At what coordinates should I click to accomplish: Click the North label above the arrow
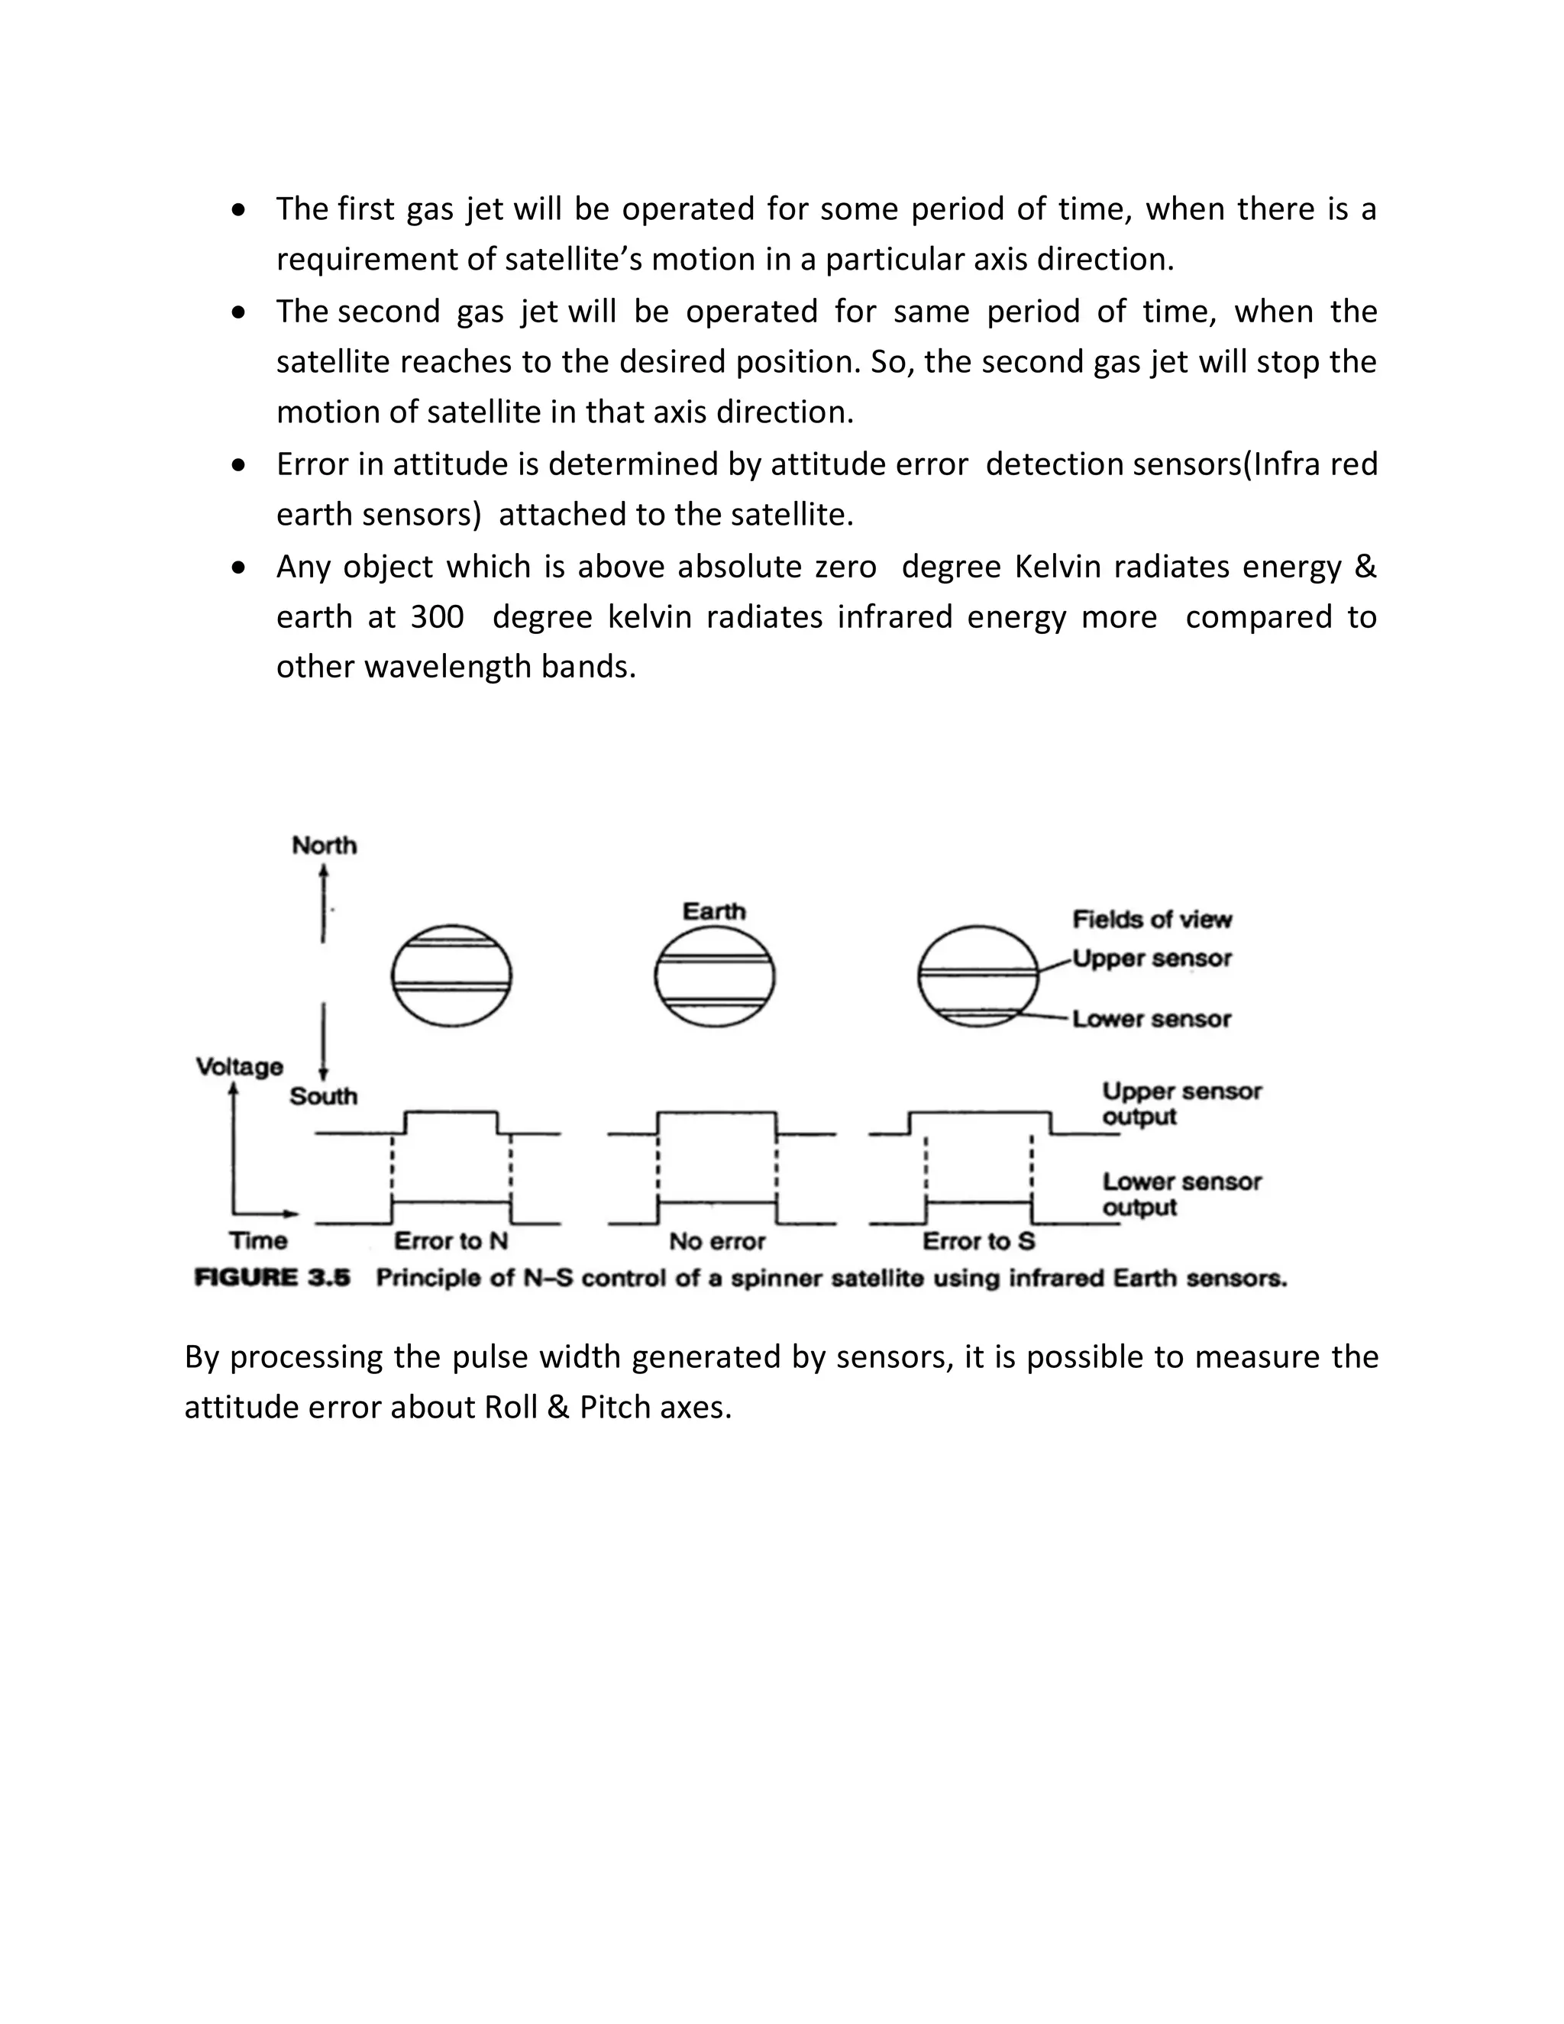[x=323, y=845]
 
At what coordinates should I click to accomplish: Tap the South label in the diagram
[x=323, y=1096]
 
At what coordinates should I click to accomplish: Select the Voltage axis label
[x=239, y=1067]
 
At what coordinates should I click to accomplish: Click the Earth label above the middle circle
[x=713, y=911]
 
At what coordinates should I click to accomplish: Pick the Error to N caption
[x=451, y=1241]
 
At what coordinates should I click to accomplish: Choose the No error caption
[x=717, y=1241]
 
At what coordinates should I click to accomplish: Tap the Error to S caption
[x=978, y=1241]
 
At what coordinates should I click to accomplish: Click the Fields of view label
[x=1152, y=920]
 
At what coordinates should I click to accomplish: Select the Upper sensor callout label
[x=1152, y=959]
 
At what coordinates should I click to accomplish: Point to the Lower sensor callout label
[x=1152, y=1020]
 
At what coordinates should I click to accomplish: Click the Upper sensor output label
[x=1181, y=1104]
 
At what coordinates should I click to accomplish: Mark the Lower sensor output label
[x=1181, y=1195]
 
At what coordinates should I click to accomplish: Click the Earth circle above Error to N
[x=451, y=977]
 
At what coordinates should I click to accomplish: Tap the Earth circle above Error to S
[x=977, y=977]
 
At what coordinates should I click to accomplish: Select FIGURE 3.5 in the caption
[x=273, y=1278]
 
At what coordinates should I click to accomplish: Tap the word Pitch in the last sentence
[x=616, y=1407]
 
